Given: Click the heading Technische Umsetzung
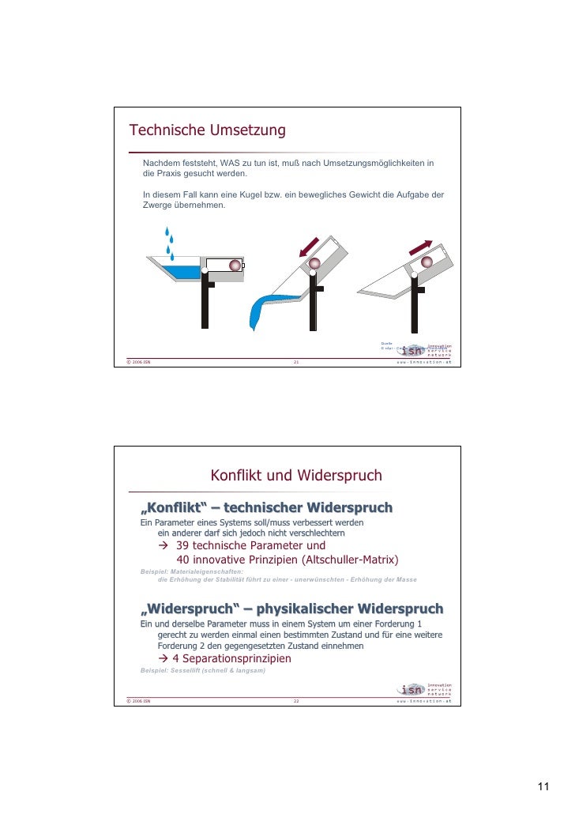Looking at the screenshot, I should click(x=207, y=130).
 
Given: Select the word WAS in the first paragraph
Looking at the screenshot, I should click(x=232, y=163).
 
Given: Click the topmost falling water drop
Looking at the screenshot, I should click(x=167, y=232).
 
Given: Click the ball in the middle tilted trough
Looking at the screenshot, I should click(x=314, y=263).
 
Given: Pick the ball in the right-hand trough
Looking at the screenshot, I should click(x=427, y=262).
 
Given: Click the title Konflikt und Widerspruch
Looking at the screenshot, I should click(x=295, y=476).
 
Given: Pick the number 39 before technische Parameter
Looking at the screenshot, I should click(x=182, y=545).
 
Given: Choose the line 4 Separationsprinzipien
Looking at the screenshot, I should click(x=225, y=658).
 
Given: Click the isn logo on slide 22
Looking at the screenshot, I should click(x=412, y=689).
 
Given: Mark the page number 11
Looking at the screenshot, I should click(x=543, y=786).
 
